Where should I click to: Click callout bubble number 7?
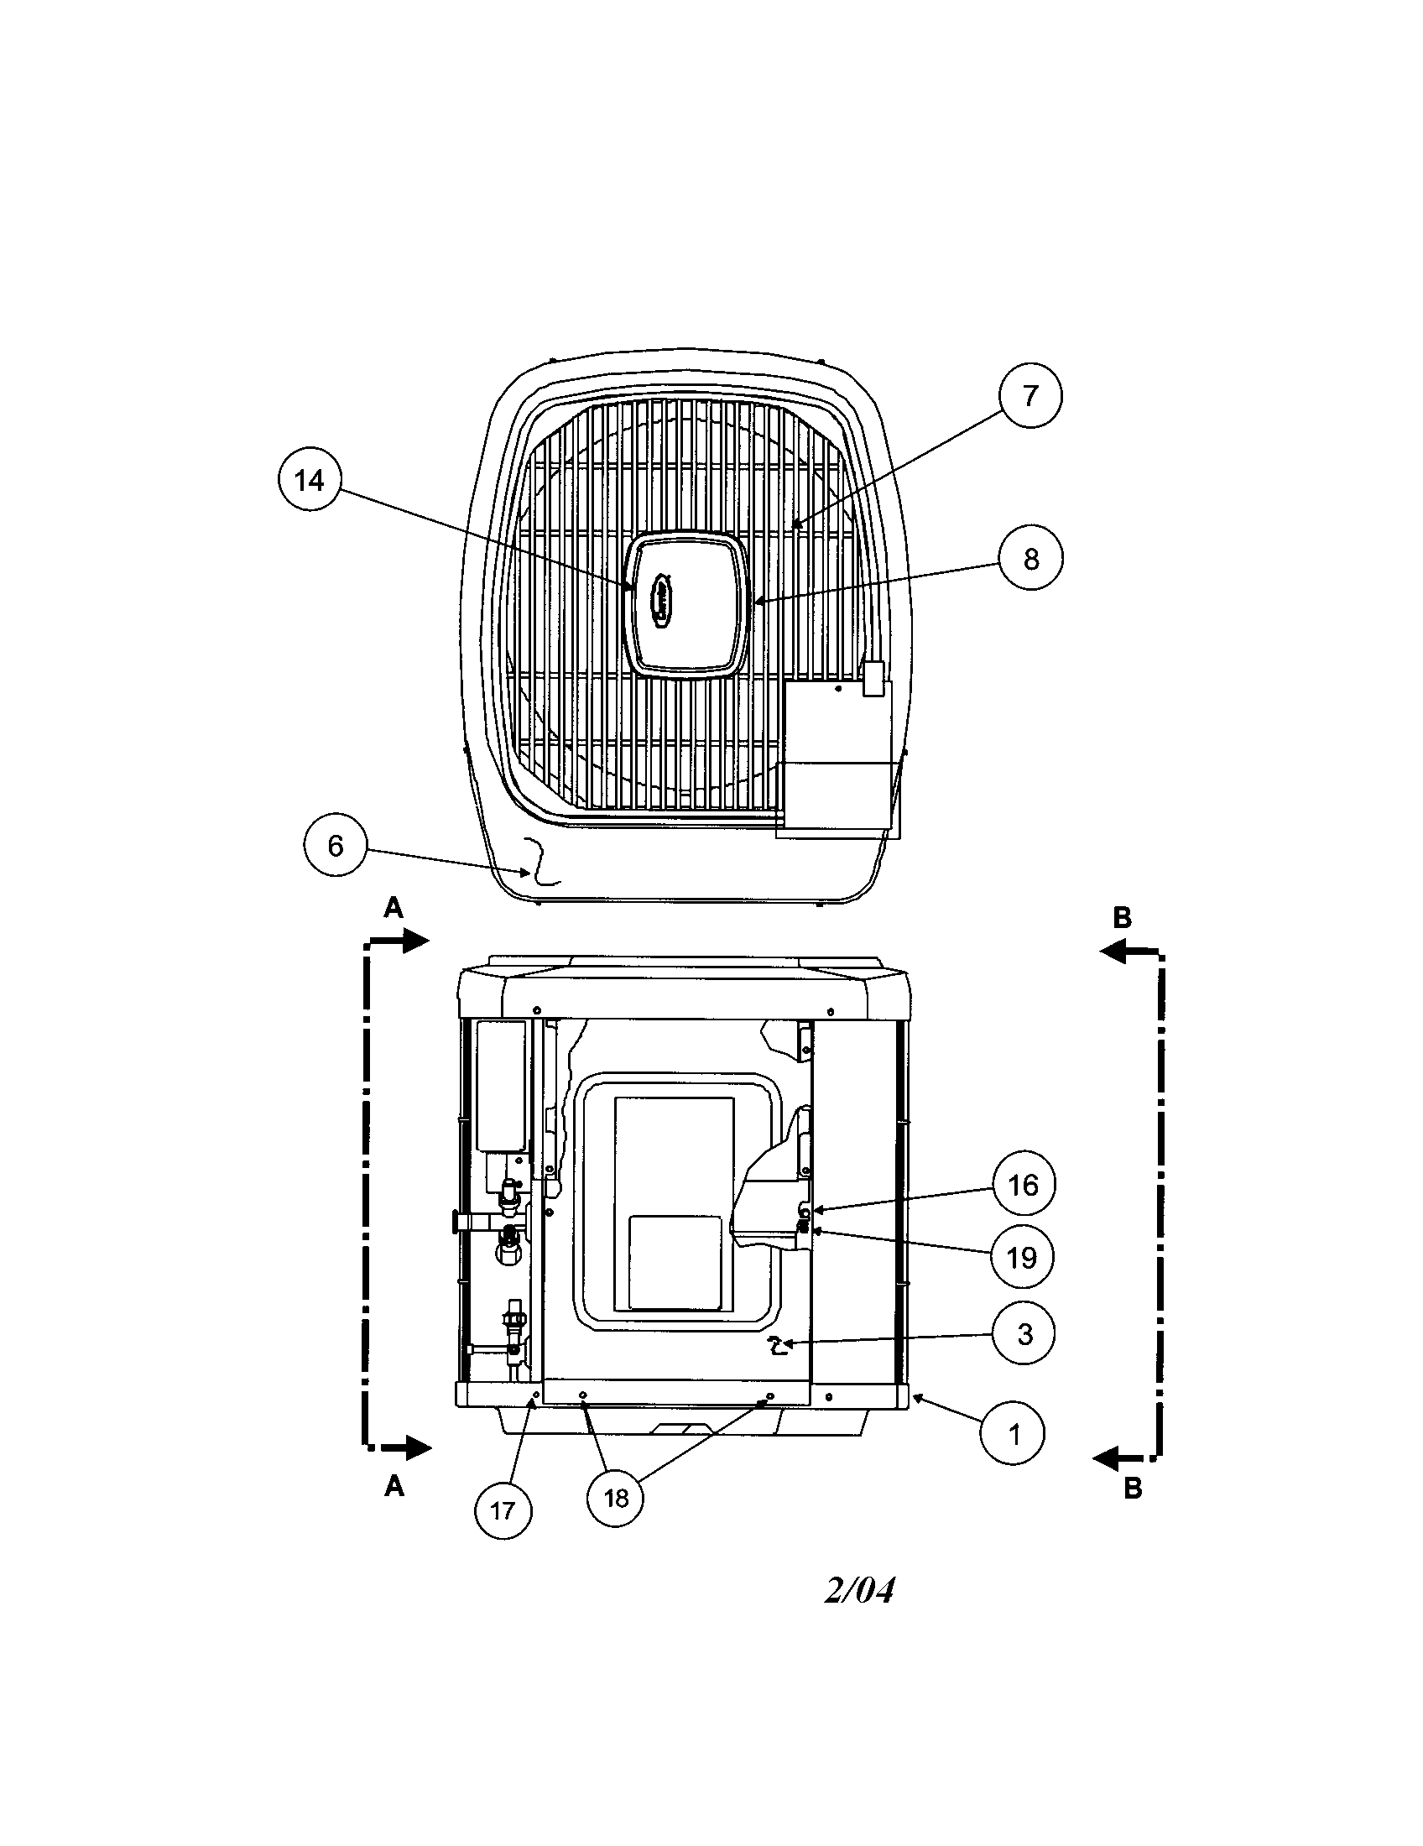pos(1029,395)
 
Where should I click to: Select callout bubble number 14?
pos(310,480)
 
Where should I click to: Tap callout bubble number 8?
pos(1030,559)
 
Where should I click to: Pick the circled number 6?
pos(336,845)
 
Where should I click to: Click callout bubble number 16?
pos(1023,1185)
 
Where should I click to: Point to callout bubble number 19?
pos(1022,1258)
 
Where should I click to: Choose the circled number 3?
pos(1024,1334)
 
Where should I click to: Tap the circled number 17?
pos(502,1510)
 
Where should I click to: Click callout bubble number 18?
pos(616,1499)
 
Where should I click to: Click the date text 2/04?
pos(858,1591)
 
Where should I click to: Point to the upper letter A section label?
pos(393,908)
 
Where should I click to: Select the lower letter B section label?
pos(1133,1489)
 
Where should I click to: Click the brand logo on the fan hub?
pos(662,601)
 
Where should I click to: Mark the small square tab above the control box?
pos(873,678)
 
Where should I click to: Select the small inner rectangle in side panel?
pos(675,1263)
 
